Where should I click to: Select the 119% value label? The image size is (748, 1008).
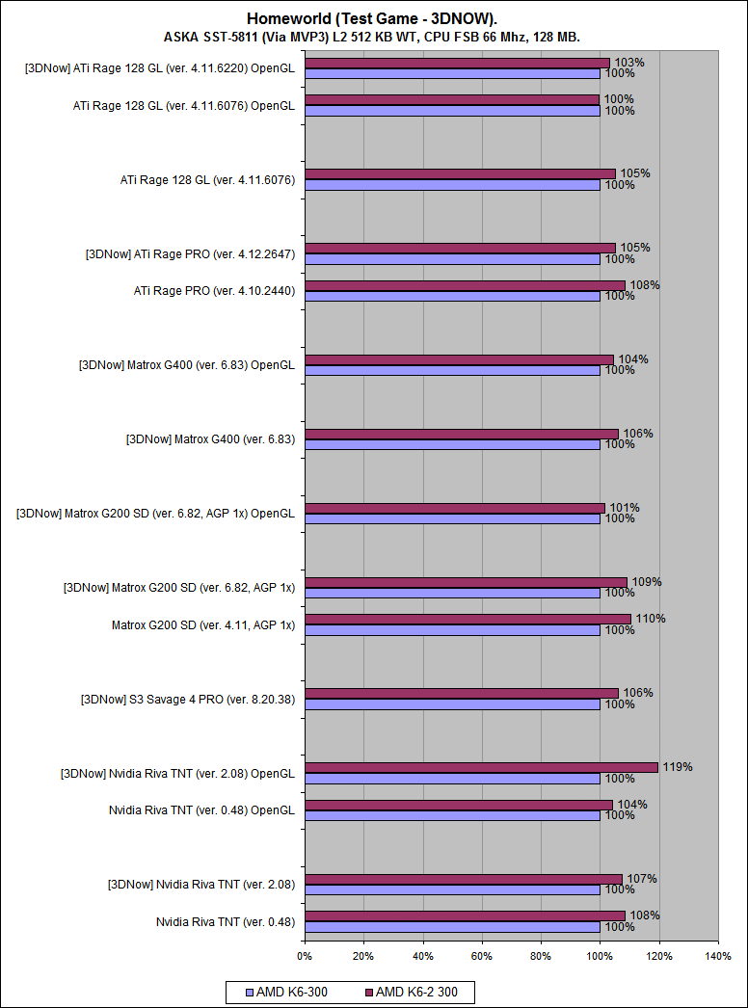click(x=677, y=767)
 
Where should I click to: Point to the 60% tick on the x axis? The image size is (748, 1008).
click(x=482, y=956)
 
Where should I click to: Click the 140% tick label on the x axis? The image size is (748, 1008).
click(x=718, y=956)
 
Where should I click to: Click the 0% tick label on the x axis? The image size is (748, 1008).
click(x=305, y=956)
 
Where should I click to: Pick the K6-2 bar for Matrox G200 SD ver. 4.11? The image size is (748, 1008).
click(x=467, y=619)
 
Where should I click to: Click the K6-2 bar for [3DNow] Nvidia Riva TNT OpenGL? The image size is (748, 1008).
click(x=481, y=767)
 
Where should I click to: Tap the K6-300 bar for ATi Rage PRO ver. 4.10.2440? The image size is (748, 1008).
click(x=452, y=296)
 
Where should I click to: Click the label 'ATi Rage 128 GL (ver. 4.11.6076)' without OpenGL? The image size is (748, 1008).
click(x=207, y=179)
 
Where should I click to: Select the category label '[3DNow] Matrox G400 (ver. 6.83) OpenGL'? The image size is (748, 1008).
click(x=186, y=365)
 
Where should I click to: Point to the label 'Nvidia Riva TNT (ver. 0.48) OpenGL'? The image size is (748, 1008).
click(x=201, y=810)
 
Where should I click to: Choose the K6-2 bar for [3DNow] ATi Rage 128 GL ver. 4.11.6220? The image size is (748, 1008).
click(x=457, y=63)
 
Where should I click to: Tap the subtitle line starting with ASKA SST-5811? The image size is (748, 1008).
click(x=372, y=37)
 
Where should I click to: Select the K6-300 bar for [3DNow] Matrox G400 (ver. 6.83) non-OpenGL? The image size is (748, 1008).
click(x=452, y=444)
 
